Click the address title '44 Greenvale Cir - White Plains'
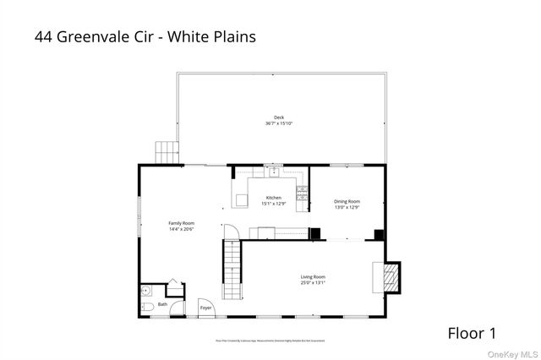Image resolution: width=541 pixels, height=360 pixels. pos(145,36)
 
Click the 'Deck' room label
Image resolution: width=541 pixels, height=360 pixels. pos(278,117)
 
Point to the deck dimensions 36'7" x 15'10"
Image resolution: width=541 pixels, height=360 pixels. pos(278,124)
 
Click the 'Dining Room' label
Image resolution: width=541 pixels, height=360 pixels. pos(347,201)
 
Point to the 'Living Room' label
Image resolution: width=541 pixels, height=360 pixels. pos(313,276)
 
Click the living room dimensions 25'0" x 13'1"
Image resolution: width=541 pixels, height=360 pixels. pos(313,282)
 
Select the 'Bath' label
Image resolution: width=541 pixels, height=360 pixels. pos(162,304)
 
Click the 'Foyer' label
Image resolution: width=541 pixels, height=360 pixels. pos(205,308)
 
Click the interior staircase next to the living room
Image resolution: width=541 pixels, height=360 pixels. pos(232,269)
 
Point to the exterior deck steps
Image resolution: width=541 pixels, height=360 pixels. pos(167,153)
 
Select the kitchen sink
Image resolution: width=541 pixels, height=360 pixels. pos(273,171)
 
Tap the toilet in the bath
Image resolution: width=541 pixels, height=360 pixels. pos(147,306)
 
